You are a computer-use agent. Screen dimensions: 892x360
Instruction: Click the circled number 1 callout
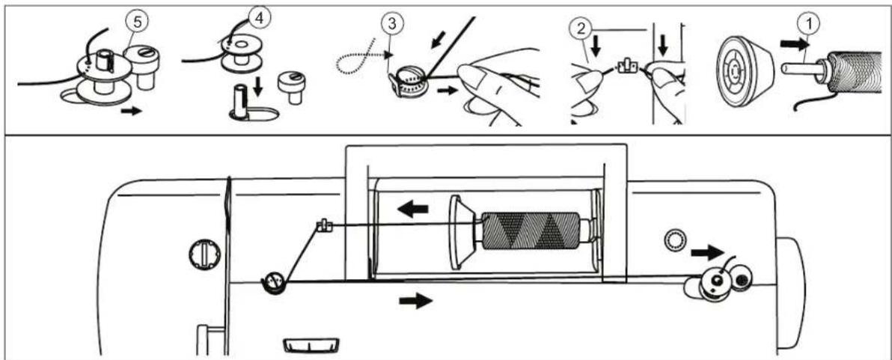point(808,25)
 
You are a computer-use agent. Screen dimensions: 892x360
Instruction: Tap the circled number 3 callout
point(393,25)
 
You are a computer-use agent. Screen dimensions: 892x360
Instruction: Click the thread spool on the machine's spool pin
point(530,231)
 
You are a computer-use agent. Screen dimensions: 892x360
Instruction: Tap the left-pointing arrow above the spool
point(413,210)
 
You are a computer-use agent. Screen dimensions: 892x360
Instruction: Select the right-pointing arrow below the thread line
point(416,301)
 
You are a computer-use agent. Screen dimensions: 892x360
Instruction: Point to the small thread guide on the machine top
point(323,226)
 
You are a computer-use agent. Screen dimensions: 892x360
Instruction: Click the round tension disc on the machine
point(272,283)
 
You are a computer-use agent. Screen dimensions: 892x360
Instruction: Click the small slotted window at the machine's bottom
point(311,345)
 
